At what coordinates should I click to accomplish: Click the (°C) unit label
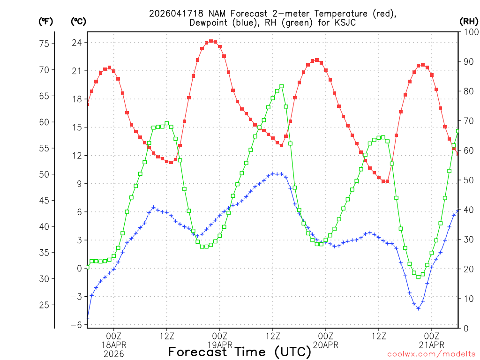point(78,22)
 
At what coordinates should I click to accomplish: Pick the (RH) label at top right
point(469,22)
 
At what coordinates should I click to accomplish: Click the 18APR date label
point(114,345)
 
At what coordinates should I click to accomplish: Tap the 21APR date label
point(432,345)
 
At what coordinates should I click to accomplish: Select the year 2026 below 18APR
point(114,354)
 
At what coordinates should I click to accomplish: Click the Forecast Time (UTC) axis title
point(240,352)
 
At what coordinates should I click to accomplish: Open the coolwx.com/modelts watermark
point(431,354)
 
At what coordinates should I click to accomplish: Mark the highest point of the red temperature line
point(211,41)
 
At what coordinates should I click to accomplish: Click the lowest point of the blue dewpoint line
point(418,308)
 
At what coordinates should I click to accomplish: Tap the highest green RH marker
point(282,86)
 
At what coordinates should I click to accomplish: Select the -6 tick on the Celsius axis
point(76,325)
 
